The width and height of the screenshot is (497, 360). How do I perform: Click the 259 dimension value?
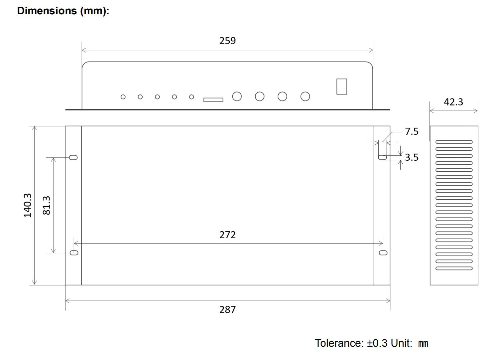pos(227,41)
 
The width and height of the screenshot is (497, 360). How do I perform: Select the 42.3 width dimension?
pos(453,102)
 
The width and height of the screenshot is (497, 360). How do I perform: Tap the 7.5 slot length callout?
pos(412,131)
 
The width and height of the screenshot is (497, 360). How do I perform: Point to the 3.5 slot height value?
pos(412,157)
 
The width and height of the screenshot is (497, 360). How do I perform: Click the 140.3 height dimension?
pos(28,205)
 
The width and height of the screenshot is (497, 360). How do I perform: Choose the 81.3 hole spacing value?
pos(47,205)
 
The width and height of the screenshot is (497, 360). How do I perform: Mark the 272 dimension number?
pos(227,235)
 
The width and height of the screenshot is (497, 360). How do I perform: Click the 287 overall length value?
pos(227,310)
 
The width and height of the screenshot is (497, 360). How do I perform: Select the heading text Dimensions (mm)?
pos(63,11)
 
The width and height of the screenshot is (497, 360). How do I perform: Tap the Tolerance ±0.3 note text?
pos(371,343)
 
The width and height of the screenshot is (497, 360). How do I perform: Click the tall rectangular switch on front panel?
pos(341,87)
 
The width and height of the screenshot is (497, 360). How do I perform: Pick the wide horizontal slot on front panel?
pos(213,99)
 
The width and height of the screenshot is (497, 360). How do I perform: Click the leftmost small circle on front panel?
pos(123,97)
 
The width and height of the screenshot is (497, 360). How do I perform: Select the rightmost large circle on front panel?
pos(305,96)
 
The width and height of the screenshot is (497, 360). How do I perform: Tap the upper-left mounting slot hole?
pos(73,157)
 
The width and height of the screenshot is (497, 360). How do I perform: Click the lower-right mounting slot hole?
pos(383,253)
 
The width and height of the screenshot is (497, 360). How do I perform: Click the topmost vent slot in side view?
pos(454,142)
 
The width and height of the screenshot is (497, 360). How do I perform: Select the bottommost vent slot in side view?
pos(454,269)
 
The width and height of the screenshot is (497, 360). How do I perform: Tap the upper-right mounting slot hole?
pos(382,157)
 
